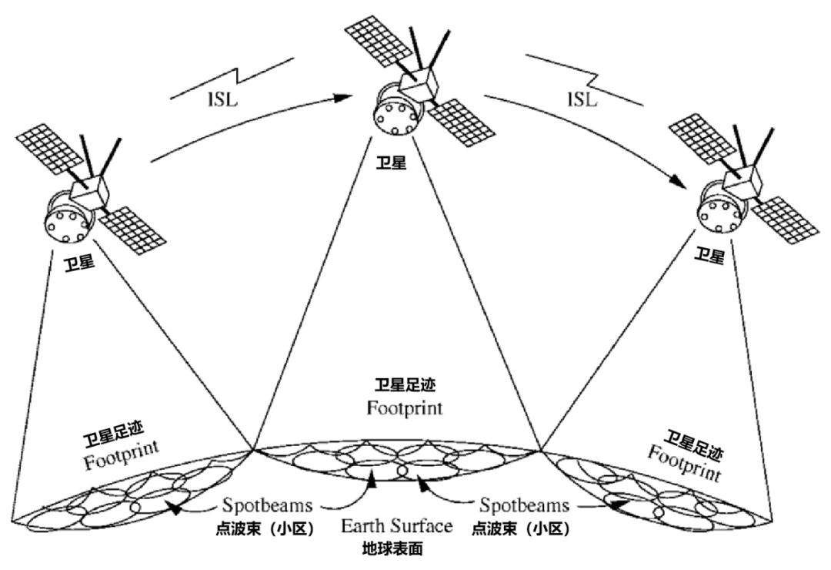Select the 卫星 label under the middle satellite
click(392, 164)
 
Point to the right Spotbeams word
click(524, 506)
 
